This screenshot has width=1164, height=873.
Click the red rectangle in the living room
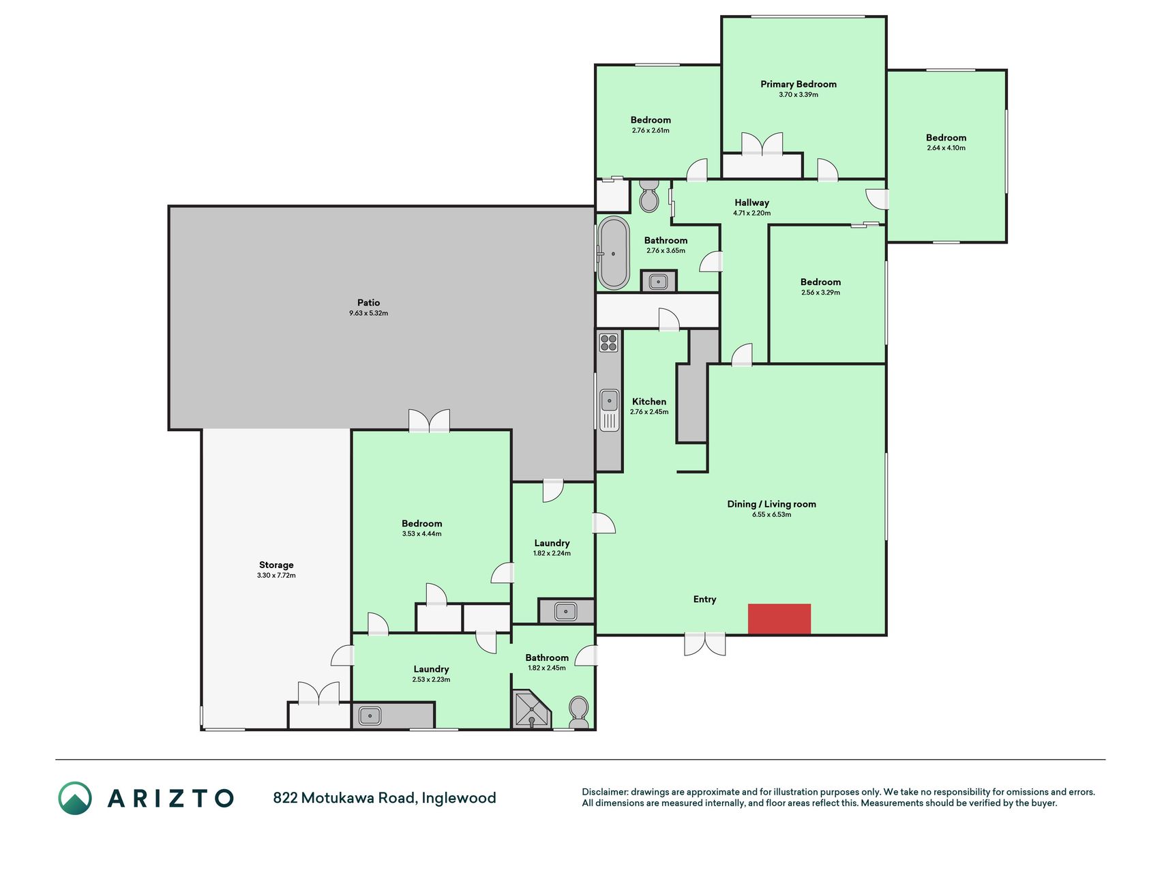point(779,619)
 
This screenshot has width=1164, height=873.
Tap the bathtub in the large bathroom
point(614,253)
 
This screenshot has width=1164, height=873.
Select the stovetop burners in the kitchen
point(608,342)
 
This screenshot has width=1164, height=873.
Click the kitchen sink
point(609,410)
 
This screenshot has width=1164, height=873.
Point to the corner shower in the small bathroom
point(531,710)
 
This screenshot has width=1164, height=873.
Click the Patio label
point(368,303)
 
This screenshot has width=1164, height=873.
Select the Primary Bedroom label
point(799,84)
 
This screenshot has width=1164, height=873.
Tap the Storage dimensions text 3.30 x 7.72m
point(276,576)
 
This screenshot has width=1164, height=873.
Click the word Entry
point(705,600)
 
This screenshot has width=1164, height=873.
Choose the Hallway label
point(752,203)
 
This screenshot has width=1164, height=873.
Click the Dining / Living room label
point(772,504)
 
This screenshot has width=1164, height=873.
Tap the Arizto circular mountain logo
point(75,798)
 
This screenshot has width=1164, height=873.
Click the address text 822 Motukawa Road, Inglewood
point(385,798)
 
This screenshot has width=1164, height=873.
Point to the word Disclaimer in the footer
point(605,792)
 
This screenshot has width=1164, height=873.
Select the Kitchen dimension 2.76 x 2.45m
point(649,412)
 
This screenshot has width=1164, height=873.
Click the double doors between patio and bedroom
point(430,420)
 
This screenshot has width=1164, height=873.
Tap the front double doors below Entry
point(705,644)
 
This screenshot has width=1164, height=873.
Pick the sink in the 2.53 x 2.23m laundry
point(370,716)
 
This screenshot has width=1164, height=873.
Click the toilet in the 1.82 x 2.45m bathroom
point(579,712)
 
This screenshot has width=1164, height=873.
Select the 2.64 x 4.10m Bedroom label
point(946,138)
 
